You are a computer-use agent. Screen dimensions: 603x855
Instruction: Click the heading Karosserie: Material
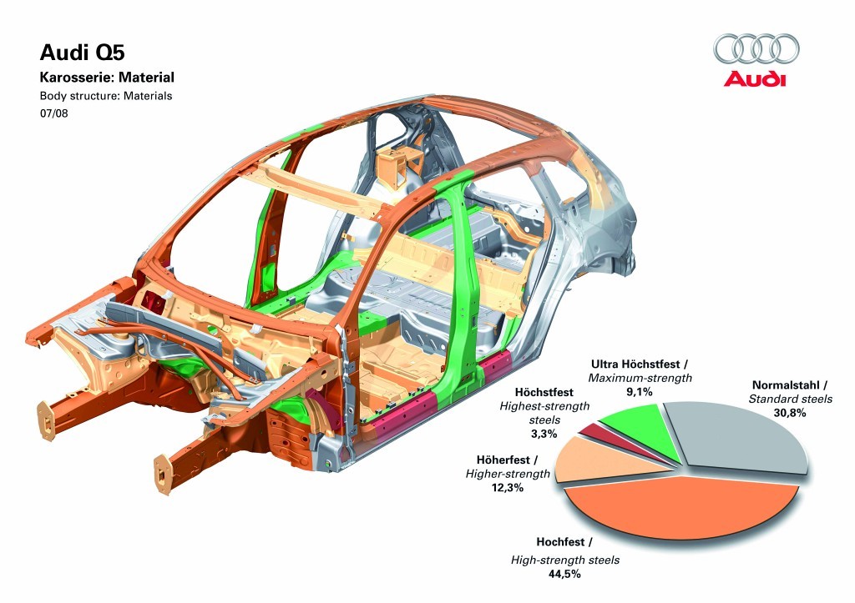pos(107,78)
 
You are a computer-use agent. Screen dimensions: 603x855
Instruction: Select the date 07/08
pos(54,113)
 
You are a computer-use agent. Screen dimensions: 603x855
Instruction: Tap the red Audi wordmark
pos(755,79)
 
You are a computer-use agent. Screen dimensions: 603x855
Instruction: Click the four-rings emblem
pos(756,48)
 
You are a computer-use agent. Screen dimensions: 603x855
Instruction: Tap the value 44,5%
pos(564,575)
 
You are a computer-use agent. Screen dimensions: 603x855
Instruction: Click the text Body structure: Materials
pos(106,96)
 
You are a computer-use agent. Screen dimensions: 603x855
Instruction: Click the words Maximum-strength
pos(640,379)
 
